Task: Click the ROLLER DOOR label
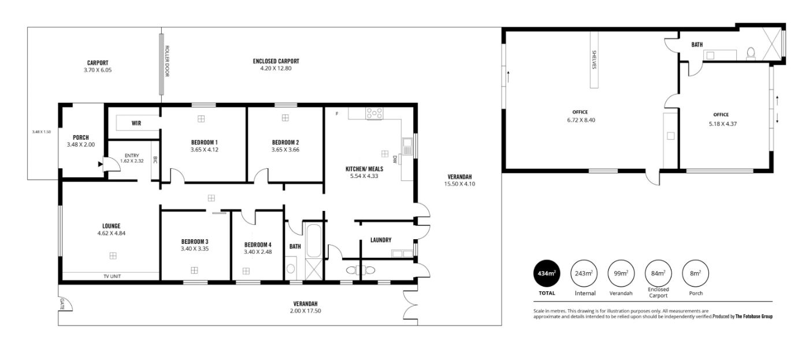(167, 61)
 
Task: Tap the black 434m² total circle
(547, 273)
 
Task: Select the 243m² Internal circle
(584, 273)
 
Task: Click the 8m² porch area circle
(696, 273)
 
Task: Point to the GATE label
(62, 304)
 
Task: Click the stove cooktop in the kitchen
(374, 113)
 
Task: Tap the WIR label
(136, 123)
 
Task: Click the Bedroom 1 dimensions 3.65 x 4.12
(205, 150)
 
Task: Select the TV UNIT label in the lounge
(112, 276)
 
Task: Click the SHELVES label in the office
(594, 60)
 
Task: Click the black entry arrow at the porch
(100, 164)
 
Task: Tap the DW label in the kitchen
(395, 159)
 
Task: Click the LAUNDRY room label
(381, 240)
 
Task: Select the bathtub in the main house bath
(313, 241)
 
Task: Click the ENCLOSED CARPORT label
(276, 61)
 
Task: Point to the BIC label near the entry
(155, 159)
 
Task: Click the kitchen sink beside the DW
(407, 146)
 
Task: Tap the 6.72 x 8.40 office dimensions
(581, 120)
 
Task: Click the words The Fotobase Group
(754, 317)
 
